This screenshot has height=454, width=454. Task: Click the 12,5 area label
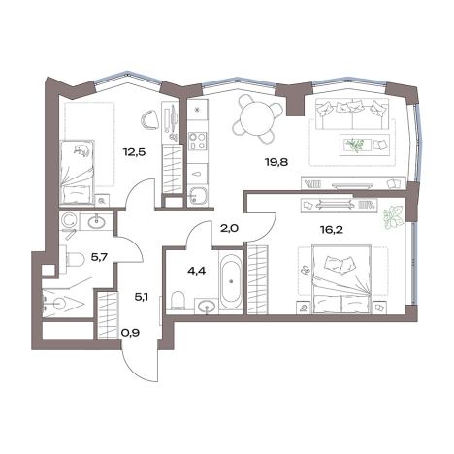[134, 151]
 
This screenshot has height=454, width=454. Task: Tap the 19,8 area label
[276, 162]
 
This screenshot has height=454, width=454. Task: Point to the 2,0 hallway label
[230, 229]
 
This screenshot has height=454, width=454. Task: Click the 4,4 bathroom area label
[197, 271]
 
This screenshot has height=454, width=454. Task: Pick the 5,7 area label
[99, 257]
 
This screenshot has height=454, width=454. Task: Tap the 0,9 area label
[130, 332]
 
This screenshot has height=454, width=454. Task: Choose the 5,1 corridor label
[142, 297]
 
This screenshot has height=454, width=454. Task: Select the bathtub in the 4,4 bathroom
[231, 280]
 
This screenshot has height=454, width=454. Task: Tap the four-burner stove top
[197, 142]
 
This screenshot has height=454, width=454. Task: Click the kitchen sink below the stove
[196, 196]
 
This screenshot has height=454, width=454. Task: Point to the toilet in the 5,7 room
[72, 259]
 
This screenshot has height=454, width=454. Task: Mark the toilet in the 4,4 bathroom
[177, 301]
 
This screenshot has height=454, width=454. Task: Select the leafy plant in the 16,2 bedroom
[394, 217]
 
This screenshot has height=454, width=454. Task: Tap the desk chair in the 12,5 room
[149, 120]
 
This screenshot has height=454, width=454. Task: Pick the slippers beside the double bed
[305, 271]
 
